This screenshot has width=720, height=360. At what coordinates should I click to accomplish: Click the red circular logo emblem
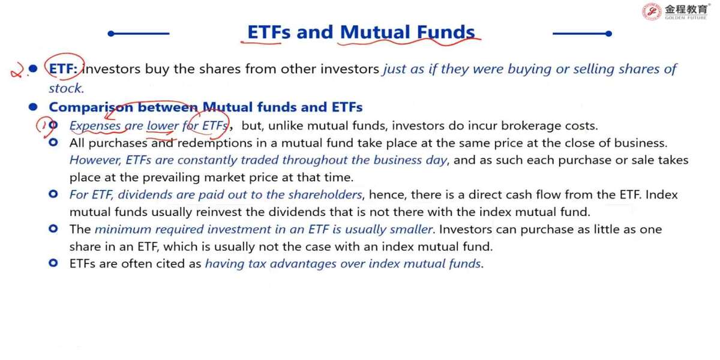651,11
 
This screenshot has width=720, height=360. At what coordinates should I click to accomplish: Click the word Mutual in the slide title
375,32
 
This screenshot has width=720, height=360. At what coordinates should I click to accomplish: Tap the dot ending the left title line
111,34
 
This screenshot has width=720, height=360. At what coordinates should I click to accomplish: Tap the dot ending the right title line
608,34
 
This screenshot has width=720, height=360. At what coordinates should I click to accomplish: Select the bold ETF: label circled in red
64,69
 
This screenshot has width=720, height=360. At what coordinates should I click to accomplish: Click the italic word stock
66,88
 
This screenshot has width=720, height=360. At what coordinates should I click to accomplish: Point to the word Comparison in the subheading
91,107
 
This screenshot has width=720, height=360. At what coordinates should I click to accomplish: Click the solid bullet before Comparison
33,107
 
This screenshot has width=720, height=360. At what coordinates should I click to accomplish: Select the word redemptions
215,143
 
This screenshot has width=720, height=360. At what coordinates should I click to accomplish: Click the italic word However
95,160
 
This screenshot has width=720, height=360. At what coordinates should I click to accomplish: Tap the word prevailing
171,178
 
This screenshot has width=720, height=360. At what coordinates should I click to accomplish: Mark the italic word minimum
123,229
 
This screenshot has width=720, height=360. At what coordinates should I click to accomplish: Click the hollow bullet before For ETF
53,194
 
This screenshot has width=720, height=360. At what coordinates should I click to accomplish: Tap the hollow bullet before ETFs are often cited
53,263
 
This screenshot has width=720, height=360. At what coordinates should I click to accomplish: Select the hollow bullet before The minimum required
53,229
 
